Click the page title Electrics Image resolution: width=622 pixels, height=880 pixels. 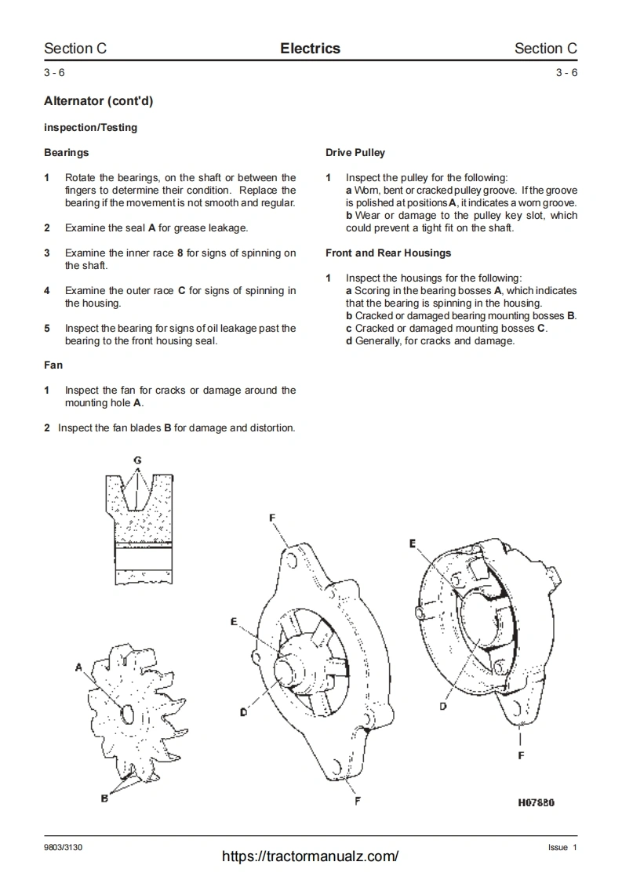310,49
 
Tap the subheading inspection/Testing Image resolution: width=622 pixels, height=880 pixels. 90,127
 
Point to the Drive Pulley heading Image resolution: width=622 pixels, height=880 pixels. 355,152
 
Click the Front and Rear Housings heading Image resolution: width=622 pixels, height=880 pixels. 388,253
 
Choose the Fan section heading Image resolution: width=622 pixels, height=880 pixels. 53,365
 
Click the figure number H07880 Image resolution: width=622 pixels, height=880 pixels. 536,802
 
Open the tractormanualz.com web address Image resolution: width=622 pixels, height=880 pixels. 310,856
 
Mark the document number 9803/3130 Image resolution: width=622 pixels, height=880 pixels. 63,847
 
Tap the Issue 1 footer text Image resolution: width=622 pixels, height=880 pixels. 562,847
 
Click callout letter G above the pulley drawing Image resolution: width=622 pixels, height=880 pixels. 137,459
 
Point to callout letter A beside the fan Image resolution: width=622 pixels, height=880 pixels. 79,667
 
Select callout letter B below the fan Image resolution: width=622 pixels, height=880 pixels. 104,798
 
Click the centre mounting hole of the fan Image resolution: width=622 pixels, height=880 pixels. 128,712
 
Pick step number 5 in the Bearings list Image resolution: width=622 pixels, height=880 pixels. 47,328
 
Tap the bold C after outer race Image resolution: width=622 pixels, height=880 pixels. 182,290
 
